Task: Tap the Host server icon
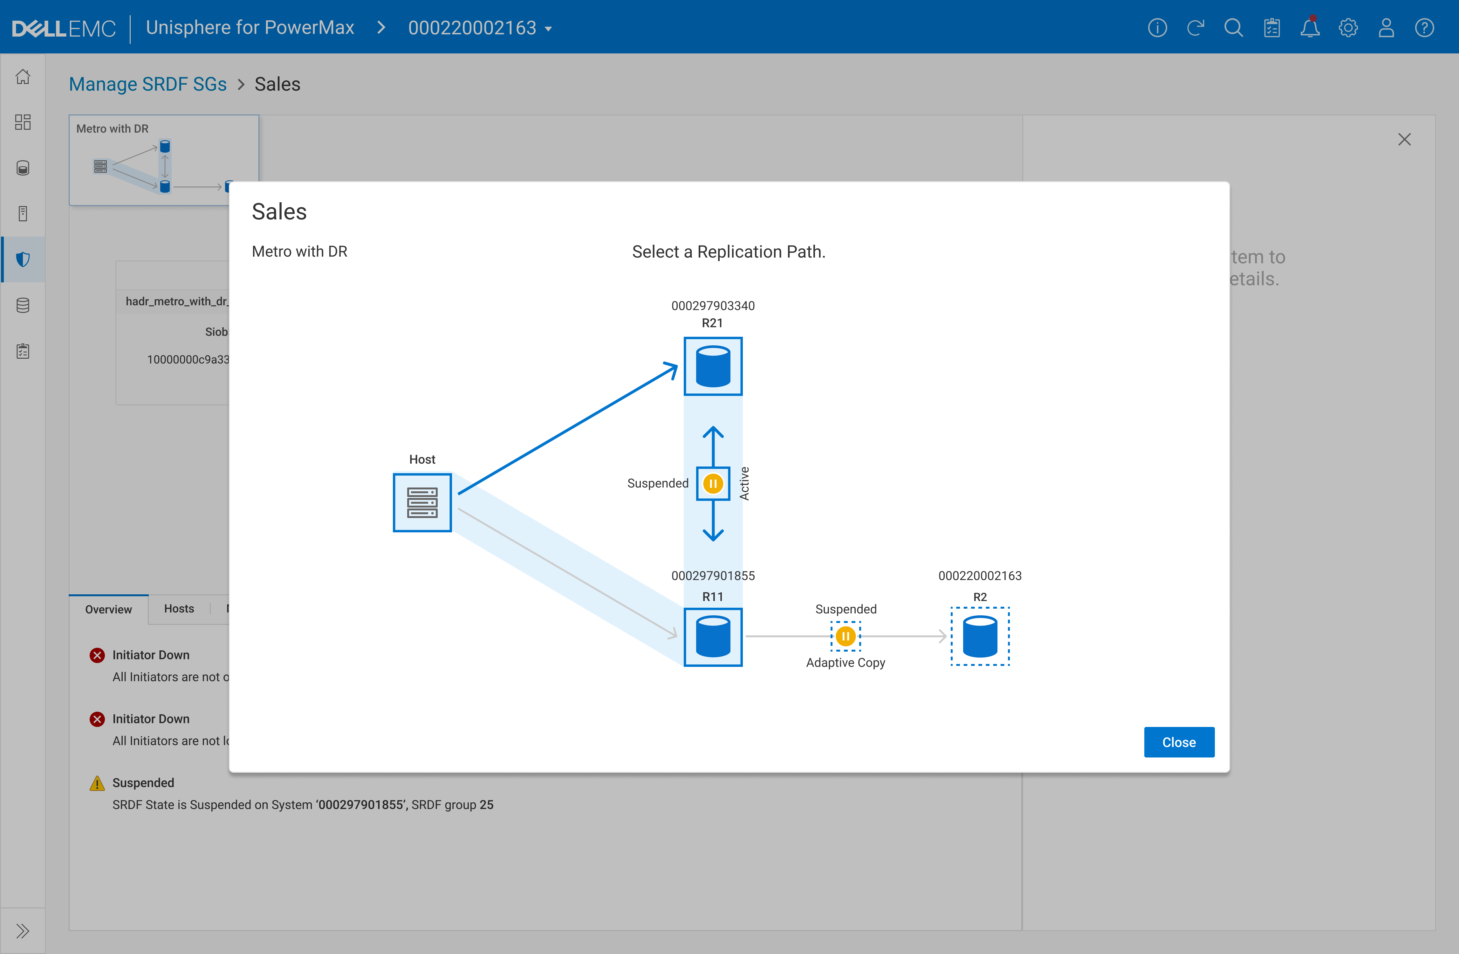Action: [422, 502]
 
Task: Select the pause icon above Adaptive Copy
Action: [846, 636]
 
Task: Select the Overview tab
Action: [108, 609]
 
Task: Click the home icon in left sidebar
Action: [23, 77]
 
